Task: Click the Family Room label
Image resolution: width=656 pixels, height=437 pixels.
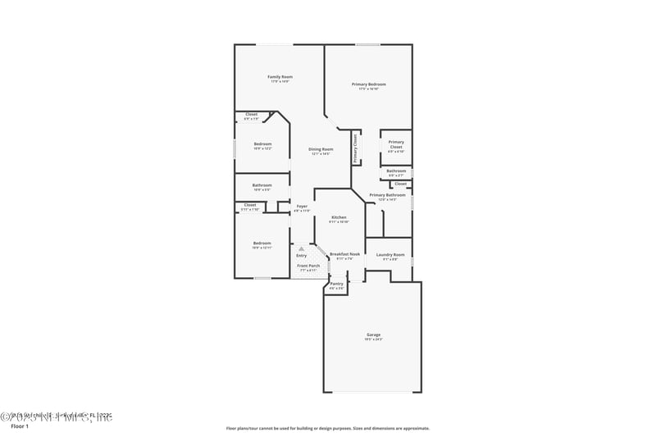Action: coord(280,78)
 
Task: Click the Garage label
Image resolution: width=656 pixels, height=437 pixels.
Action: coord(373,335)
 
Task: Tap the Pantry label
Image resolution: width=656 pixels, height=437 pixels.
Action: coord(337,285)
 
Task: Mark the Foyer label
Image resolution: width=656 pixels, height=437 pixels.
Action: coord(302,207)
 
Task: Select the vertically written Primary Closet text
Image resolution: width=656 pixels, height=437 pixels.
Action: coord(356,148)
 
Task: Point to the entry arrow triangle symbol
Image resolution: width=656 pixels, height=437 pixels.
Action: coord(302,248)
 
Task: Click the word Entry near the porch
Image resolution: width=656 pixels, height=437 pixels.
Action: coord(302,256)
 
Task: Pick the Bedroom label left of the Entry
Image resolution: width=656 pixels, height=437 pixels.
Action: coord(262,244)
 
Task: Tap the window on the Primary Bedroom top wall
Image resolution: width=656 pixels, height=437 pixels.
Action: coord(367,44)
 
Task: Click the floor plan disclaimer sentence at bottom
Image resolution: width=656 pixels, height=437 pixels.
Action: coord(327,428)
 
